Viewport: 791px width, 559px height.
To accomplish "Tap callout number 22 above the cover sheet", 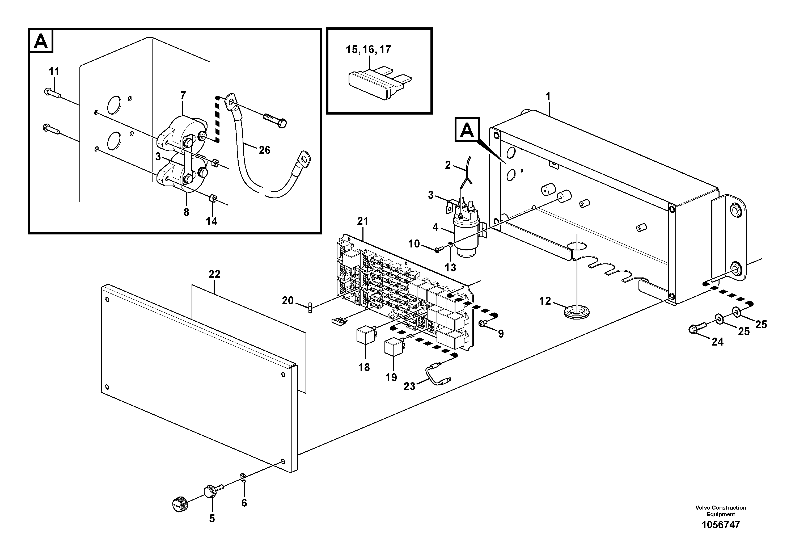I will point(214,274).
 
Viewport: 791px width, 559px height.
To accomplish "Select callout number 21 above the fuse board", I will point(362,221).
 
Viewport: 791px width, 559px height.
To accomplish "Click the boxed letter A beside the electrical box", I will point(467,130).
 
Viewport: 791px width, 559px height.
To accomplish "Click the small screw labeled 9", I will point(483,323).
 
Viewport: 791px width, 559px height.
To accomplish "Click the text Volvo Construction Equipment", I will point(720,511).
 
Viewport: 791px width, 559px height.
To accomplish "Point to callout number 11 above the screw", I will point(54,72).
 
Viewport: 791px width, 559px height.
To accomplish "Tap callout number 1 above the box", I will point(548,97).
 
